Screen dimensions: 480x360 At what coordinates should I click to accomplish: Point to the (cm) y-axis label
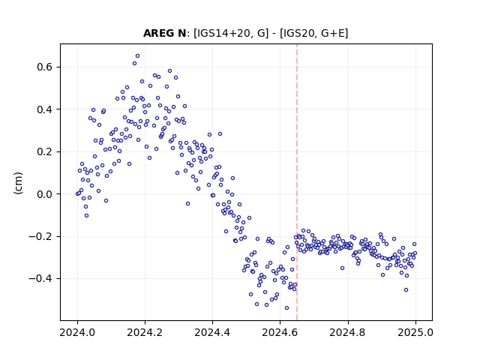pos(18,183)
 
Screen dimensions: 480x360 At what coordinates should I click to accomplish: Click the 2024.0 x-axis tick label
pos(77,332)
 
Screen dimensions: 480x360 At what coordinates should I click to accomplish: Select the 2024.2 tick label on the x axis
pos(145,332)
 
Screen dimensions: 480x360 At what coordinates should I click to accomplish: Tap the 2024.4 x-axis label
pos(212,332)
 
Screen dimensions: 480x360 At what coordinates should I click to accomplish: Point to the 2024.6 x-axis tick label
pos(280,332)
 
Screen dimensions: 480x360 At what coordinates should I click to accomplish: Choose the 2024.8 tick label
pos(347,332)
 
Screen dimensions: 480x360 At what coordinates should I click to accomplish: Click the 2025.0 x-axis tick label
pos(415,332)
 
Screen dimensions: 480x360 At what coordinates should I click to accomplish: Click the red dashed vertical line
pos(297,182)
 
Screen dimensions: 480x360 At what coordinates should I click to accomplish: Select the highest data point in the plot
pos(138,56)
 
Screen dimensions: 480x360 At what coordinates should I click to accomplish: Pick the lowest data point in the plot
pos(286,308)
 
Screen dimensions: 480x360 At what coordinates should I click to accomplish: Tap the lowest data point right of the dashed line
pos(406,290)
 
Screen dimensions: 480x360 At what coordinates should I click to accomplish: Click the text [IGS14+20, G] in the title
pos(231,33)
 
